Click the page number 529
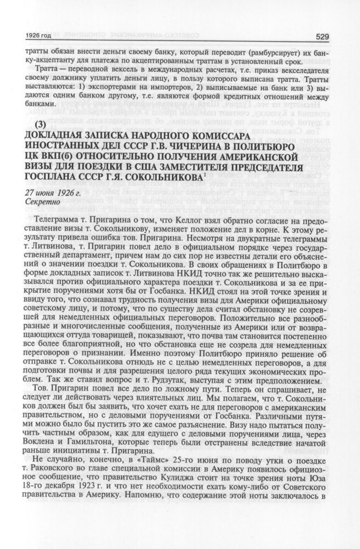tap(322, 37)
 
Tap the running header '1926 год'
tap(40, 37)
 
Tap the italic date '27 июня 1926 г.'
tap(49, 193)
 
